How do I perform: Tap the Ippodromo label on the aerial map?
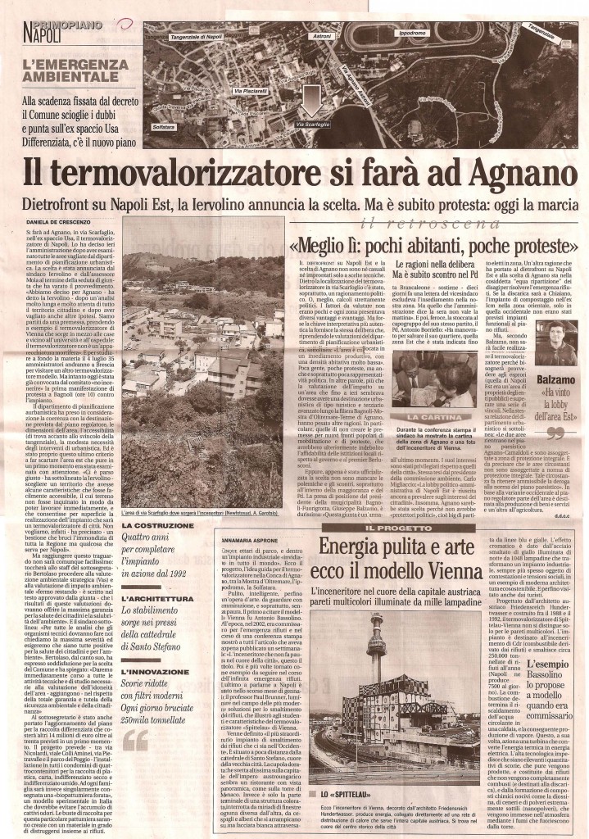pyautogui.click(x=410, y=34)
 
